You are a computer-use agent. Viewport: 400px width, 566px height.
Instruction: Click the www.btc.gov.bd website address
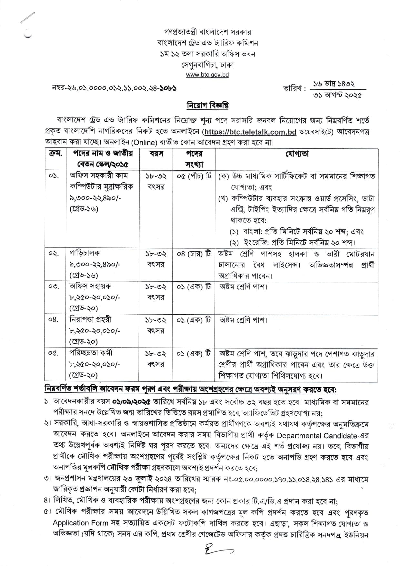tap(207, 75)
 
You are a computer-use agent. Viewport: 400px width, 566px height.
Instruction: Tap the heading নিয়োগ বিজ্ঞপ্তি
tap(208, 106)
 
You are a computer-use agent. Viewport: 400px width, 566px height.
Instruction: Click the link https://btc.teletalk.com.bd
tap(250, 132)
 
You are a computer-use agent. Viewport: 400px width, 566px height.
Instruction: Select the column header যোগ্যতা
tap(296, 154)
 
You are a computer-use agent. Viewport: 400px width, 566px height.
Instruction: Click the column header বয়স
tap(156, 154)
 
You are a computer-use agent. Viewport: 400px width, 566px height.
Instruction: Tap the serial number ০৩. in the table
tap(54, 287)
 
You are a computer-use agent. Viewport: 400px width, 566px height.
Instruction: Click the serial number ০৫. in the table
tap(54, 353)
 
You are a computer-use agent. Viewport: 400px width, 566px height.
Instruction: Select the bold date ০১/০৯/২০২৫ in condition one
tap(132, 402)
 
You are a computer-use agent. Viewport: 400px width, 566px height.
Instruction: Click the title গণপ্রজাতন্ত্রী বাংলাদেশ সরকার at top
tap(207, 32)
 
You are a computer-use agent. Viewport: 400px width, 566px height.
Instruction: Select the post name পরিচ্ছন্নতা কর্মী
tap(91, 353)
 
